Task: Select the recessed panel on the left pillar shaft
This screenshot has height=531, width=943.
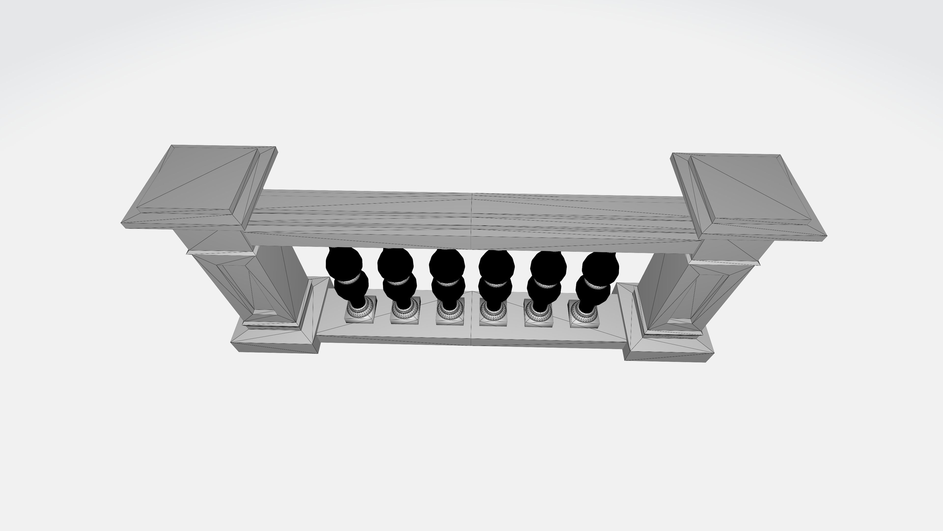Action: point(238,286)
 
